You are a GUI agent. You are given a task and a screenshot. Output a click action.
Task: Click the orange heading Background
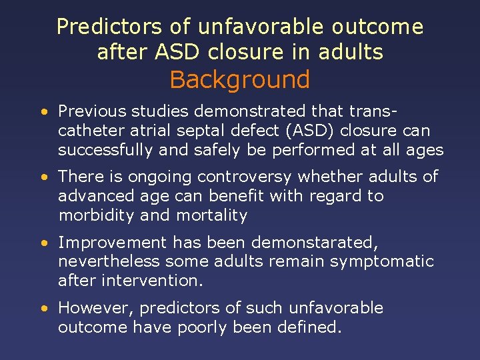click(240, 79)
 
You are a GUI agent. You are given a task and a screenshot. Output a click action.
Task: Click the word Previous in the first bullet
click(87, 111)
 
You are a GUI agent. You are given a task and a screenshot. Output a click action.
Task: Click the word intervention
click(152, 281)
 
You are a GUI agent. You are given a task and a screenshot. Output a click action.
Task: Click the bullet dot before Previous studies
click(43, 112)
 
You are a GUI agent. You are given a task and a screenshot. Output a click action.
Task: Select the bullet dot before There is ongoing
click(43, 177)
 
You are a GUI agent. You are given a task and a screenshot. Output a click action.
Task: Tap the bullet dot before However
click(43, 309)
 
